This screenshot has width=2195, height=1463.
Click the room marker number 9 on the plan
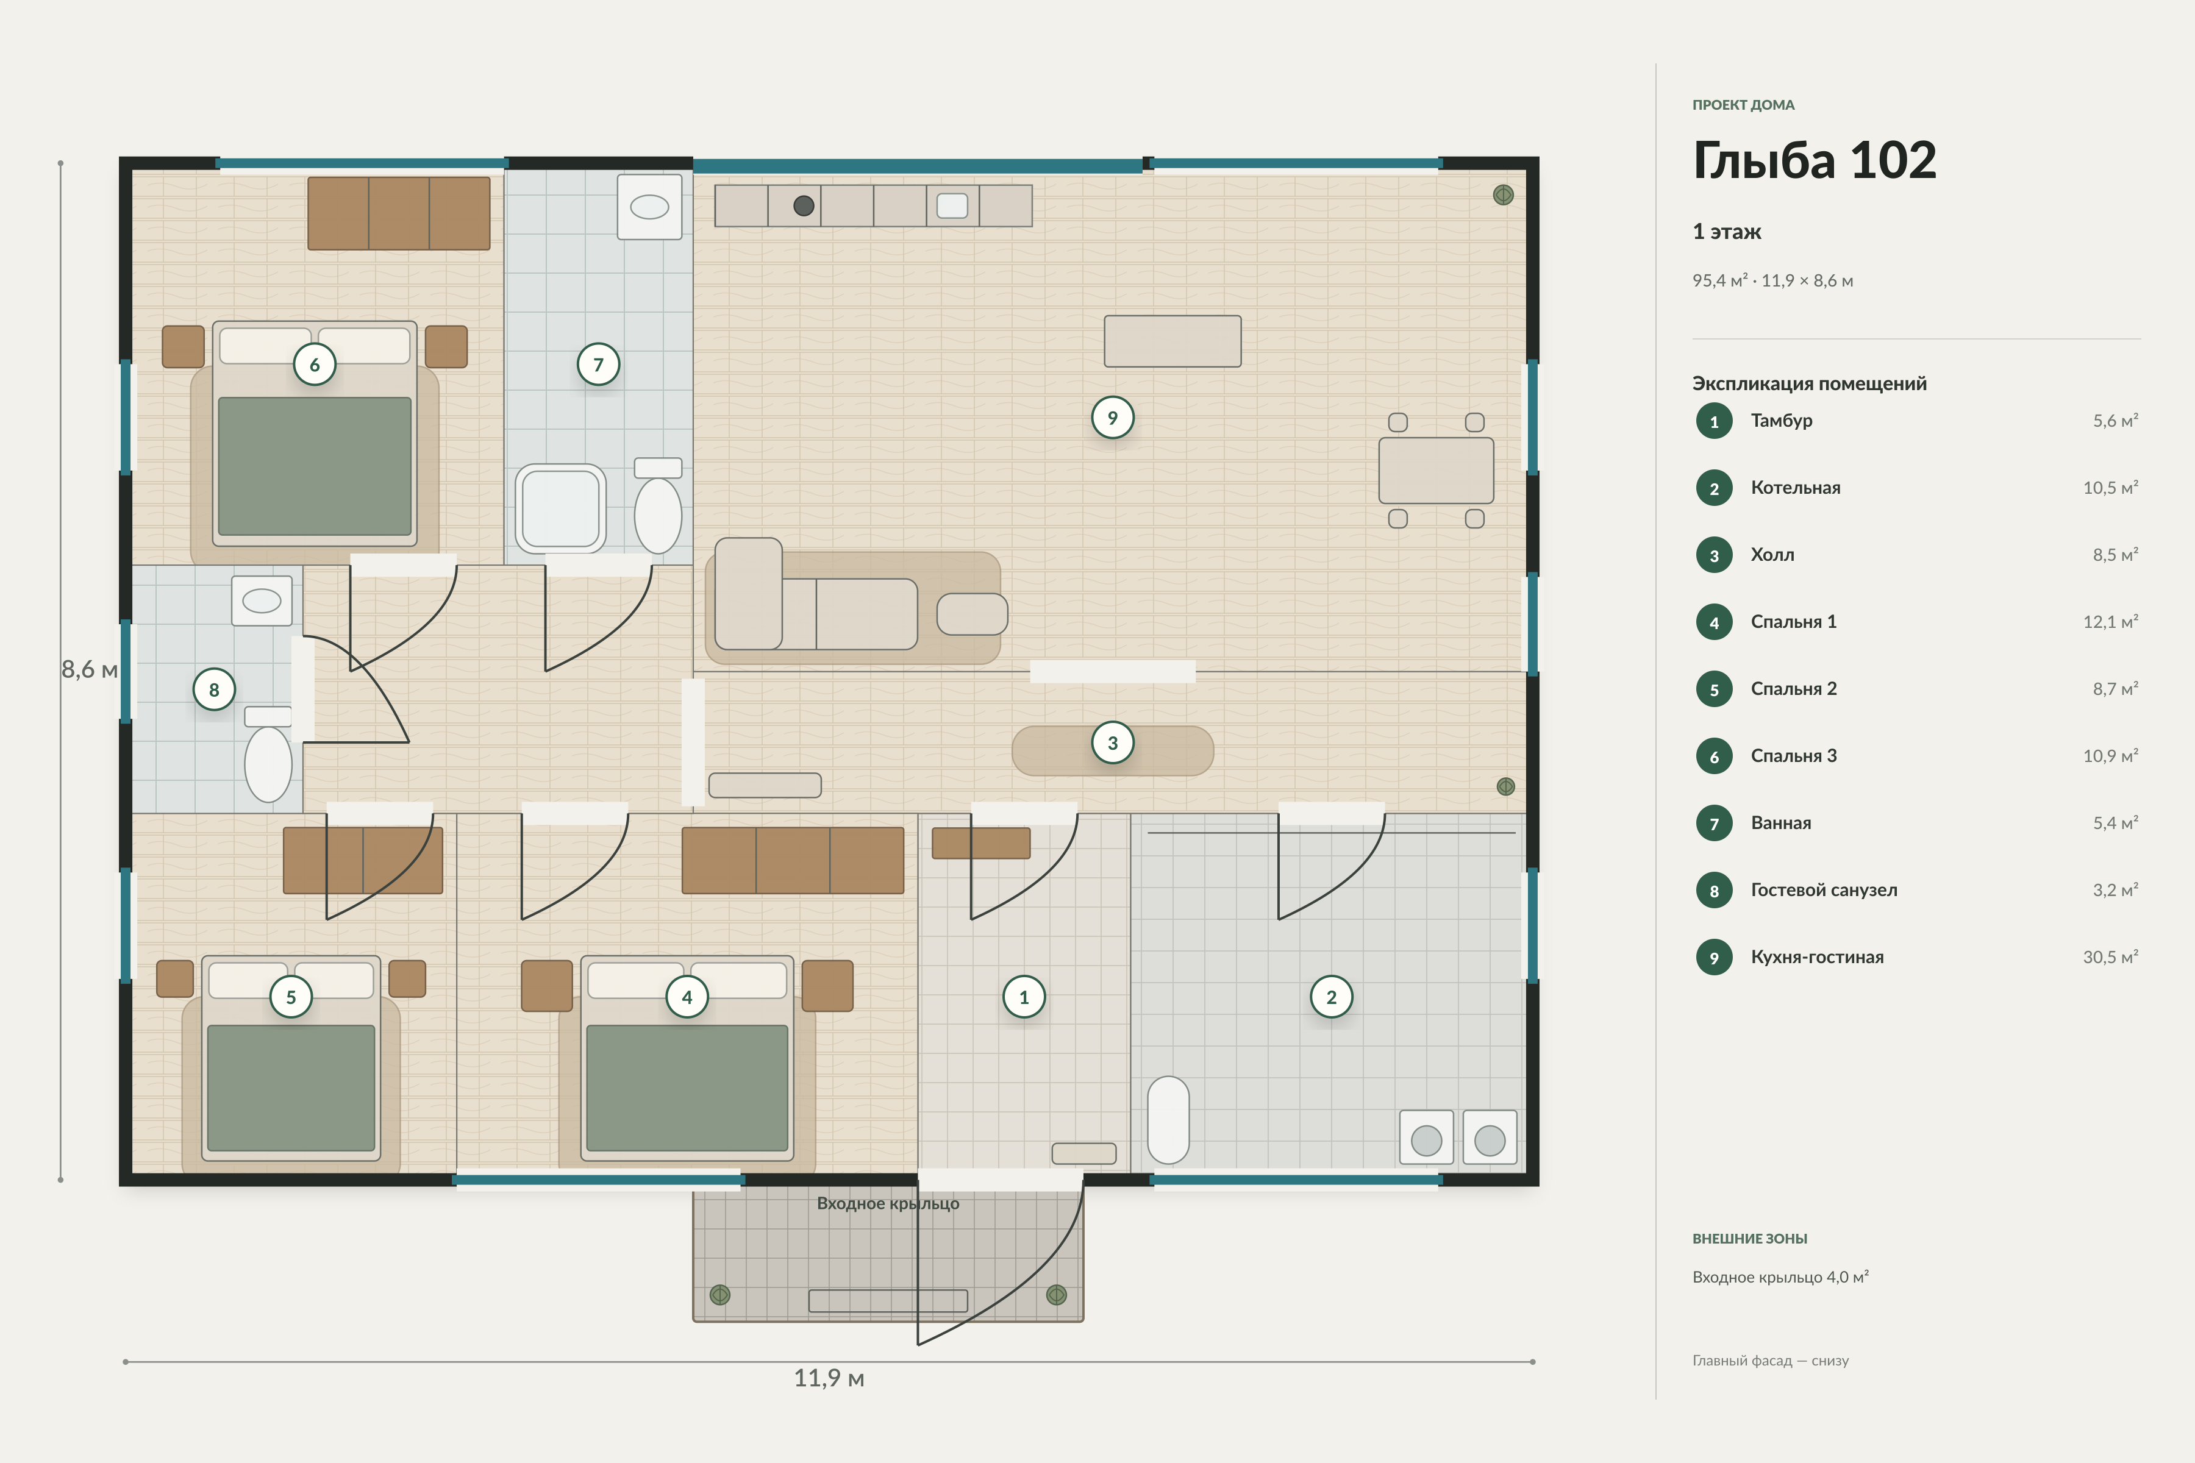(1112, 418)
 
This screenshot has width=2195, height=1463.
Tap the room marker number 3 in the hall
(1112, 742)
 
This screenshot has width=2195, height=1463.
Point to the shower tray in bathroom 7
(561, 508)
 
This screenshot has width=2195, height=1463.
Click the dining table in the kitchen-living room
(1437, 470)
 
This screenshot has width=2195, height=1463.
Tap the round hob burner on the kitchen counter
(804, 206)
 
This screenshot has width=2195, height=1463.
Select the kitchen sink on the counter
(952, 205)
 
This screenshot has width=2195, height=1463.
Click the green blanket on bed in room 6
(315, 466)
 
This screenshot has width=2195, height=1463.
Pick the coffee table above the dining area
(1172, 341)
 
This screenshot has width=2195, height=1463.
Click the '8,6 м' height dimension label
(90, 670)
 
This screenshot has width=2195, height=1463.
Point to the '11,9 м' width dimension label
(829, 1378)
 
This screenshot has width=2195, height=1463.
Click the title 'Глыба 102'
(1815, 160)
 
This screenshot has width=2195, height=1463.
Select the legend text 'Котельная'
(1796, 488)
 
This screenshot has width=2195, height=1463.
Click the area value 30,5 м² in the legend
(2110, 957)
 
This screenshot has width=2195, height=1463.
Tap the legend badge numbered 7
(1715, 824)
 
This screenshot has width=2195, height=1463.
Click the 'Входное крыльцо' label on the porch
(888, 1203)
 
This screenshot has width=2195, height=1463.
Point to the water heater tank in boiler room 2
(1168, 1120)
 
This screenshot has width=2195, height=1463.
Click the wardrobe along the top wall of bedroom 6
(399, 214)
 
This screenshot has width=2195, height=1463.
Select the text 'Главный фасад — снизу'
(1771, 1361)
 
